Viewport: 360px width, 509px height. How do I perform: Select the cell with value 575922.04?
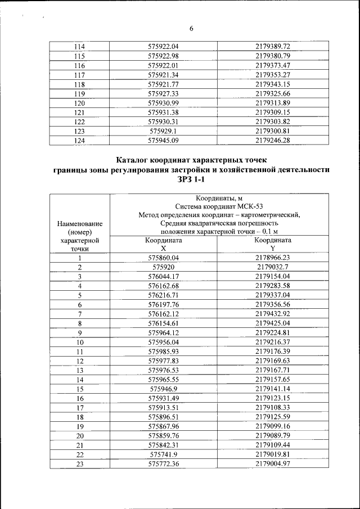(163, 46)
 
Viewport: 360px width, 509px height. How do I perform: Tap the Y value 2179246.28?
(272, 141)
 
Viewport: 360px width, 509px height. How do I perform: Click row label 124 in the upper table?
(80, 141)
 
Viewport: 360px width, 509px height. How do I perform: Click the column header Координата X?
(163, 244)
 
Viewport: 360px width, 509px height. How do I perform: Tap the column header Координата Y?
(272, 244)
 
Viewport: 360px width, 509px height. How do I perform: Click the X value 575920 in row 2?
(163, 267)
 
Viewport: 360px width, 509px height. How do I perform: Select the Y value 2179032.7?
(272, 267)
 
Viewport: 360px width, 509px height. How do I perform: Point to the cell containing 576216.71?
(163, 295)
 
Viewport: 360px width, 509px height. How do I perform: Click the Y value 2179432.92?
(272, 313)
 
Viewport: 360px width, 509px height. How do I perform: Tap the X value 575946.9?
(163, 389)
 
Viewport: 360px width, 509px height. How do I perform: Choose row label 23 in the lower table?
(80, 464)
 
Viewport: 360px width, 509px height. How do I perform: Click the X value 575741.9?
(163, 454)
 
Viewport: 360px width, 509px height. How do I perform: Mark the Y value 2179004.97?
(272, 464)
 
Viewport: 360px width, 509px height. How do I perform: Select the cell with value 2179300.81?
(272, 131)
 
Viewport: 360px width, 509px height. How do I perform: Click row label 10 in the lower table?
(80, 342)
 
